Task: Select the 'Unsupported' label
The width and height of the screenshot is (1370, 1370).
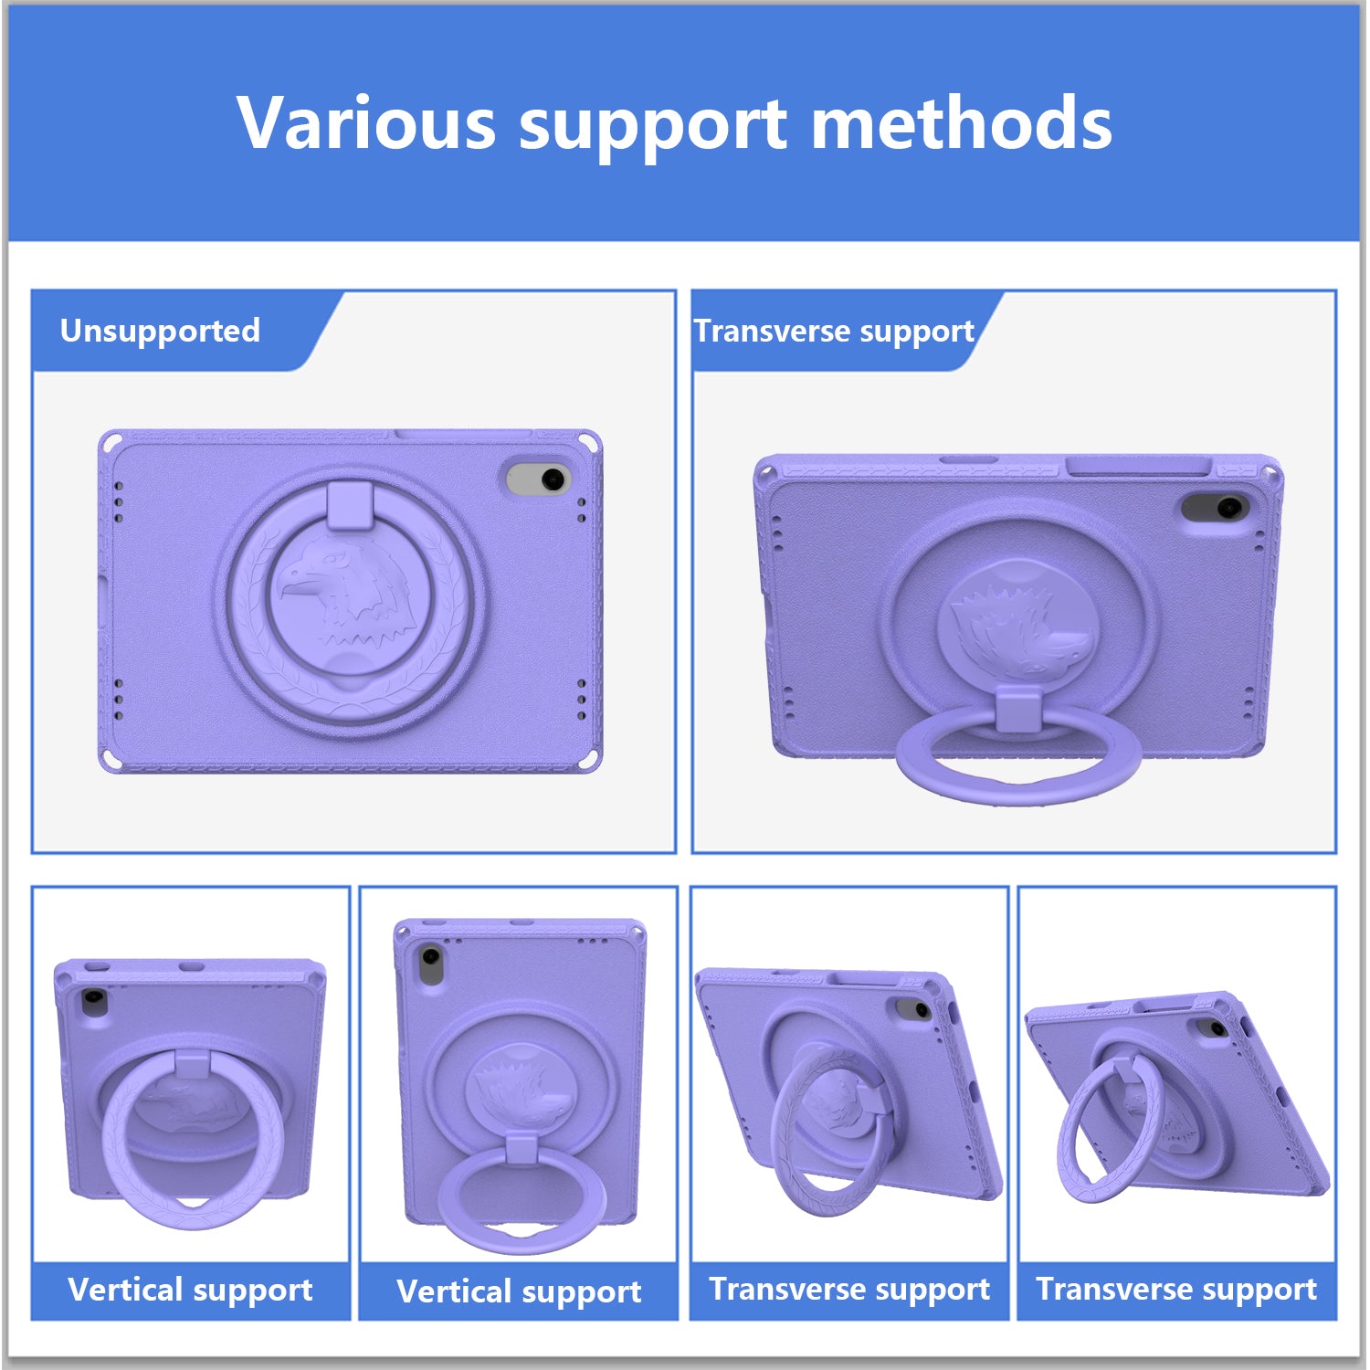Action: point(160,330)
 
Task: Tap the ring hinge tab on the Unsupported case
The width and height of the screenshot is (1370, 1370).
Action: point(349,505)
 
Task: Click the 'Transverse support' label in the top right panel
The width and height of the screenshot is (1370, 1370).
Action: point(834,331)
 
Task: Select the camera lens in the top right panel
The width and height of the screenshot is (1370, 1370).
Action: point(1228,507)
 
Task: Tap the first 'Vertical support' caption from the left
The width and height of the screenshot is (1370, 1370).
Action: point(190,1290)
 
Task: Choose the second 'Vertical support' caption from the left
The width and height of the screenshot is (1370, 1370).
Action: point(519,1291)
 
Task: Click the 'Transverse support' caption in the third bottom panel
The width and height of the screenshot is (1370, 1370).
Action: point(849,1289)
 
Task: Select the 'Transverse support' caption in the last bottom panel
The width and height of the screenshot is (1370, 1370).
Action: point(1176,1289)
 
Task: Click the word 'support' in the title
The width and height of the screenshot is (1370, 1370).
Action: point(653,128)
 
